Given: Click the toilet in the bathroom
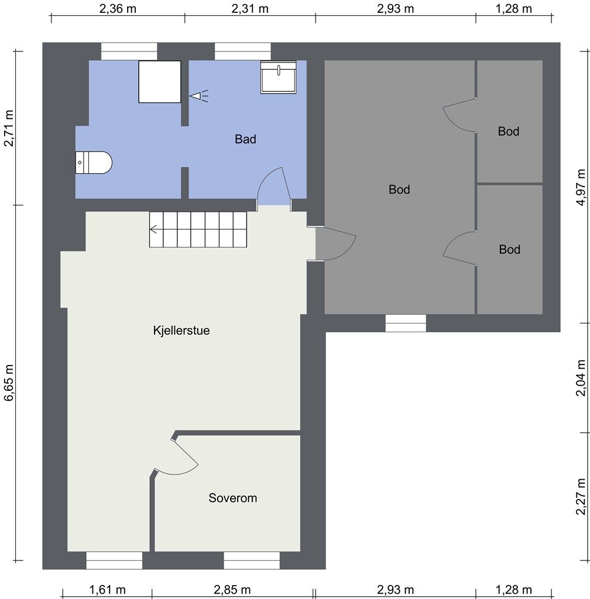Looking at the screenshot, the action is point(94,163).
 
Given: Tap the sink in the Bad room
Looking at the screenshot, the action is point(278,77).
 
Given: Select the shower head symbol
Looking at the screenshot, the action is point(199,95).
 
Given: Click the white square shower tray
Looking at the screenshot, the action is point(160,82).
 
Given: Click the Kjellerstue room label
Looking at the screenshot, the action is point(181,330).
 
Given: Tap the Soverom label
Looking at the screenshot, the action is point(233,498).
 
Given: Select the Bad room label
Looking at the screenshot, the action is point(245,139).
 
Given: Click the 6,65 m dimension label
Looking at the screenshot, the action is point(9,383).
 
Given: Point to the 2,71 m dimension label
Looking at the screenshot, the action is point(9,128).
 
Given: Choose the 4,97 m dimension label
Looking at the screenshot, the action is point(581,187).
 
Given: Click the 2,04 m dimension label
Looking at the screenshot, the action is point(581,378).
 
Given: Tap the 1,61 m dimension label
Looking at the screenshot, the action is point(107,590).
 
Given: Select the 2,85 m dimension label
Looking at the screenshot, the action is point(232,590).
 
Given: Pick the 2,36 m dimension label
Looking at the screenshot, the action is point(118,8).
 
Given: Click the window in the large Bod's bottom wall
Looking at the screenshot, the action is point(406,323).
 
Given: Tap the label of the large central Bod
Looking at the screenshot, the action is point(399,190).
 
